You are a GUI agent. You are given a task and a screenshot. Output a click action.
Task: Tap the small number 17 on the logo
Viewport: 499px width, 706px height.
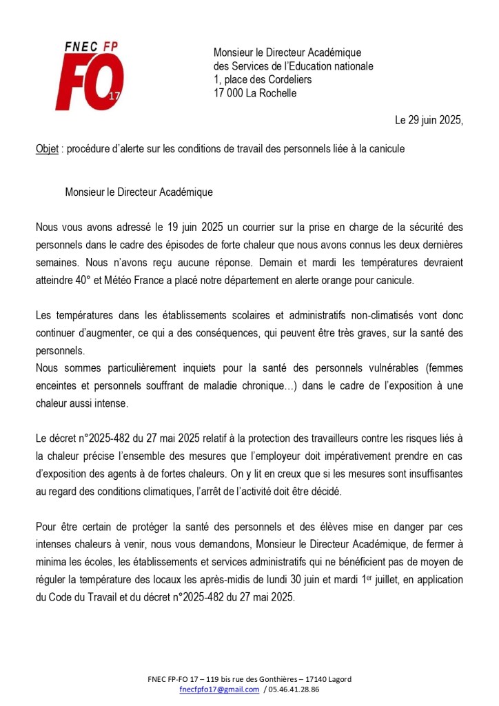(114, 97)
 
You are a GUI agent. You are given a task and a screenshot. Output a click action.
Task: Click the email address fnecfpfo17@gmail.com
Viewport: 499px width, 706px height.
(219, 689)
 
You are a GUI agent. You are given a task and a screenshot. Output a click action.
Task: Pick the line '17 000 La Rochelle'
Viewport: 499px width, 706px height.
(255, 93)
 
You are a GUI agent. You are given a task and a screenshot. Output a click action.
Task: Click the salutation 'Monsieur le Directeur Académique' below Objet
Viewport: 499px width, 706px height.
(139, 192)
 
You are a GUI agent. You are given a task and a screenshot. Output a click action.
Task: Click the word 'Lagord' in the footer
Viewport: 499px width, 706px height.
(337, 679)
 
